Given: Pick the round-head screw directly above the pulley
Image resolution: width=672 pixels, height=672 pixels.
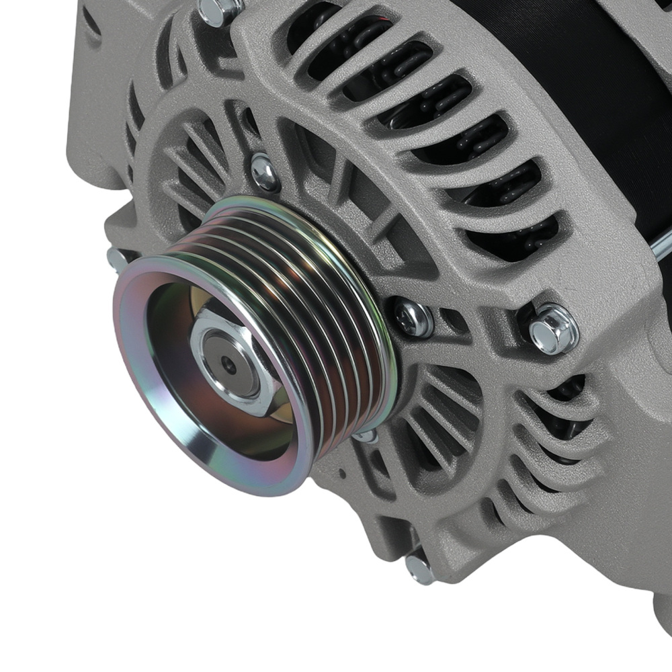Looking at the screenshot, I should (265, 172).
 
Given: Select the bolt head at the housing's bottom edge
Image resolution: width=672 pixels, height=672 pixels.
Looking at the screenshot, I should (421, 570).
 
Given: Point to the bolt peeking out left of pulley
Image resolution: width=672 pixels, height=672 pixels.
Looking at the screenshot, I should (117, 259).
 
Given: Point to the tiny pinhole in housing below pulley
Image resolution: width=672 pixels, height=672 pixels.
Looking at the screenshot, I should (342, 473).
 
